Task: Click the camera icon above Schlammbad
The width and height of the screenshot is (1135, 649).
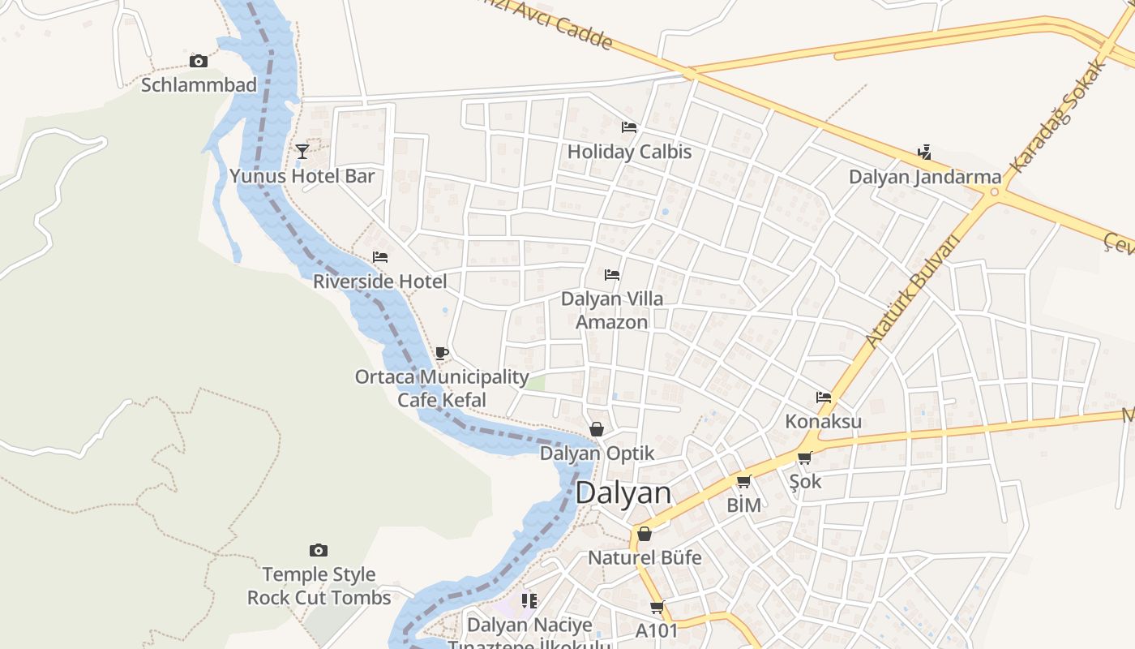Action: (x=199, y=62)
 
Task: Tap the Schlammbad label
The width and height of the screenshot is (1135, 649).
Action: (x=199, y=84)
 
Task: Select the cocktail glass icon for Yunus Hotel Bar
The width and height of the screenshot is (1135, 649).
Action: (x=302, y=152)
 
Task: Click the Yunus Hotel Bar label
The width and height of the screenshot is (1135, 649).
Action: (x=302, y=176)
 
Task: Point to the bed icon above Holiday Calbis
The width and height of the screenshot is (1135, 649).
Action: (x=628, y=127)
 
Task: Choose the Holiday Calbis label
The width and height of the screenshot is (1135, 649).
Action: (x=629, y=152)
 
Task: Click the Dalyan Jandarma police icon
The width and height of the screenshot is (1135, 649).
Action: (x=924, y=153)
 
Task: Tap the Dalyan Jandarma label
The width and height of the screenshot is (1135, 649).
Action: (x=925, y=177)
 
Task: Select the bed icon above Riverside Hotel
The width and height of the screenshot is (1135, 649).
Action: (x=379, y=257)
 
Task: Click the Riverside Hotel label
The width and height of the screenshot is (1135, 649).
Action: (x=379, y=282)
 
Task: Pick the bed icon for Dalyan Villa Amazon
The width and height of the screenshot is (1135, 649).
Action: (x=612, y=275)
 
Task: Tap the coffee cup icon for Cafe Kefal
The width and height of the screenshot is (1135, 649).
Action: (x=441, y=353)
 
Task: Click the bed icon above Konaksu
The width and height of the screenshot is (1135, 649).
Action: (x=824, y=398)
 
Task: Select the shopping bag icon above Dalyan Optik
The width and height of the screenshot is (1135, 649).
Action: (x=597, y=429)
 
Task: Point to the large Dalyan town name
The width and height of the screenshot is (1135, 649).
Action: (x=623, y=493)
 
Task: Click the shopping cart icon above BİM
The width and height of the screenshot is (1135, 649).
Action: (x=743, y=482)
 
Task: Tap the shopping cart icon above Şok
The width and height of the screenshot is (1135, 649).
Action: (x=804, y=458)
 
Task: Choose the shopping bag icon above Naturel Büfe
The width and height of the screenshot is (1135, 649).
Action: (x=645, y=534)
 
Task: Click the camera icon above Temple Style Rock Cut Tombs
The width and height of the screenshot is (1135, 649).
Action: (x=319, y=551)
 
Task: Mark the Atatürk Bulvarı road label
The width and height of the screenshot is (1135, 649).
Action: (x=912, y=290)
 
